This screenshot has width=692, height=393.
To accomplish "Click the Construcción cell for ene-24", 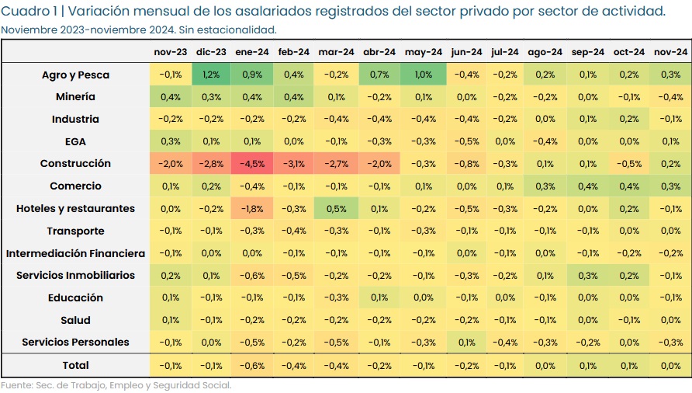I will tap(253, 164).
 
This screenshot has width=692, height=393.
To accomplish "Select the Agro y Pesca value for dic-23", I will tap(211, 75).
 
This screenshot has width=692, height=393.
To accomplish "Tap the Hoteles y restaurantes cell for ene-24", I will tap(253, 209).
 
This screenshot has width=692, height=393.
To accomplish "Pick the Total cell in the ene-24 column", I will tap(253, 366).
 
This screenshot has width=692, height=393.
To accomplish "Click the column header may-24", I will tap(424, 52).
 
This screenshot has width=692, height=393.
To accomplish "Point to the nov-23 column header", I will tap(170, 52).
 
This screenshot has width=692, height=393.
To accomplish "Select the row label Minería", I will tap(75, 97).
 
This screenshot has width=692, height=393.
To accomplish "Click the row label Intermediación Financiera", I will tap(75, 254).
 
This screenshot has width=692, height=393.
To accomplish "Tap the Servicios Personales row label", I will tap(75, 343).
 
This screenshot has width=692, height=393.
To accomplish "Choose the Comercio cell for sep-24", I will tap(587, 186).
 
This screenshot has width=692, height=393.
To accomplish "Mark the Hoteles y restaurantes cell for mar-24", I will tap(336, 209).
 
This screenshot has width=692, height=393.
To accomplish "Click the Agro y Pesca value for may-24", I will tap(424, 75).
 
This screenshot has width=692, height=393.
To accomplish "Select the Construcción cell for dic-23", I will tap(211, 164).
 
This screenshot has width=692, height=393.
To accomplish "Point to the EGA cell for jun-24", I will tap(466, 142).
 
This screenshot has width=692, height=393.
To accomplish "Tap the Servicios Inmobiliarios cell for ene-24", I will tap(253, 276).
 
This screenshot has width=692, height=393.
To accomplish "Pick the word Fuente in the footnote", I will tap(16, 385).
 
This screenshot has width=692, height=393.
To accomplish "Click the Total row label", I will tap(75, 366).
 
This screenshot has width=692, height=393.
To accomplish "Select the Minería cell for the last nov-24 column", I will tap(670, 97).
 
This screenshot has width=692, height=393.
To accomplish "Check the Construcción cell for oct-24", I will tap(628, 164).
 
